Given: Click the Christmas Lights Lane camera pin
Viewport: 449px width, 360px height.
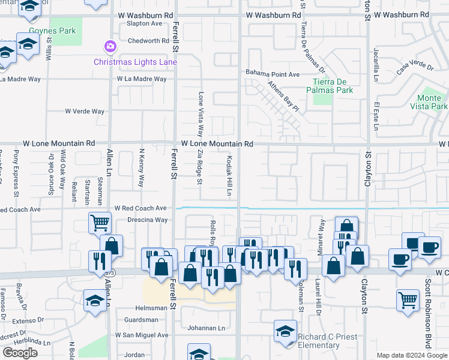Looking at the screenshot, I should pyautogui.click(x=109, y=46).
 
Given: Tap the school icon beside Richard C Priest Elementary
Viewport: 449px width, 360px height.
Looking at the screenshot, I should pyautogui.click(x=285, y=331).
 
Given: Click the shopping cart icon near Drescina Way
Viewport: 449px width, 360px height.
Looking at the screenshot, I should pyautogui.click(x=100, y=223).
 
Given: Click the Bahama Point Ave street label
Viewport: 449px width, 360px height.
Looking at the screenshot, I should pyautogui.click(x=272, y=74).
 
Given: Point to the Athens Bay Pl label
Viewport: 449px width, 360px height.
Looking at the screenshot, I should pyautogui.click(x=283, y=97).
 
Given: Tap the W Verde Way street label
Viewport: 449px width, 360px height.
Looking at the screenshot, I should pyautogui.click(x=85, y=111).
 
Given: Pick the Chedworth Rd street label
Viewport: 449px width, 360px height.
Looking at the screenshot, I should pyautogui.click(x=148, y=41).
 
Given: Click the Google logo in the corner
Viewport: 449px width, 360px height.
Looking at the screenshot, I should pyautogui.click(x=20, y=352).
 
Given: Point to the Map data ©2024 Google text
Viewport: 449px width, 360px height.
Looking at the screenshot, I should pyautogui.click(x=412, y=355).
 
